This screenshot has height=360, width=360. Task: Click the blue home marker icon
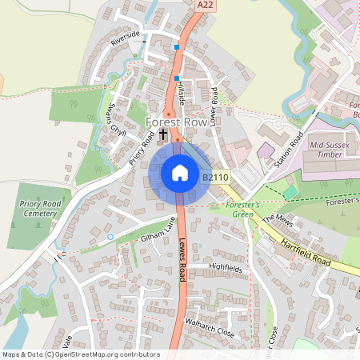click(180, 173)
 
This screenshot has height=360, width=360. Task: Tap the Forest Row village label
click(181, 122)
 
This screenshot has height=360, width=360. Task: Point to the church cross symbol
click(164, 134)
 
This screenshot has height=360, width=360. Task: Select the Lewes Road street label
click(182, 261)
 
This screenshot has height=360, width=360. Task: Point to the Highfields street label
click(225, 269)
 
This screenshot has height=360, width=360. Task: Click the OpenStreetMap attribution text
click(80, 354)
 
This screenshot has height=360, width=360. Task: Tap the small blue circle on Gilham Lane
click(110, 238)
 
